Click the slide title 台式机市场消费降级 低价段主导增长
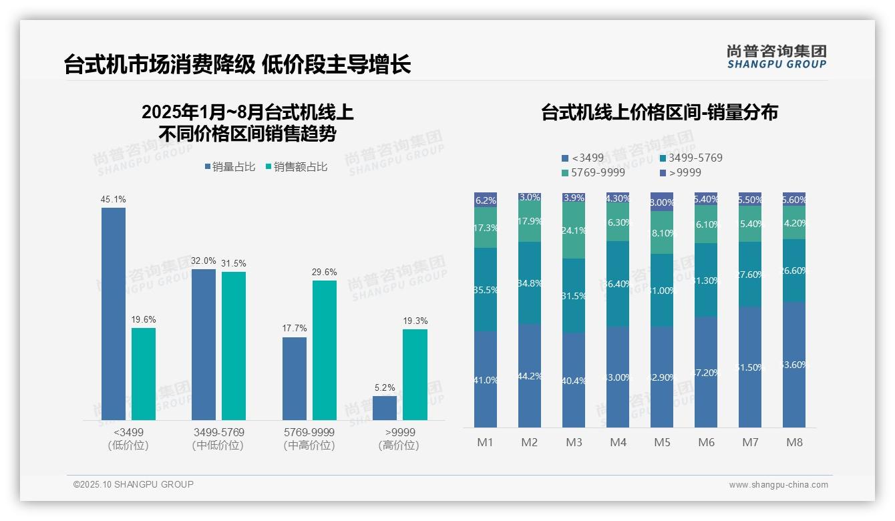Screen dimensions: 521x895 (x=237, y=65)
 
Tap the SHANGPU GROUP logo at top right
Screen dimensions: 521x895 (x=776, y=57)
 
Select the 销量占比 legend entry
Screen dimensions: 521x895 (x=230, y=167)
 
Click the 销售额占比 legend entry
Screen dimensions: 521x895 (x=297, y=167)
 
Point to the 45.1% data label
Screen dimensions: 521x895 (x=113, y=199)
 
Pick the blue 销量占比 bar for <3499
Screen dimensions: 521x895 (x=114, y=314)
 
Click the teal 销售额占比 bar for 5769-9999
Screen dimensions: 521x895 (x=325, y=350)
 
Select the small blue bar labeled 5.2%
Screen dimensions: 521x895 (x=385, y=408)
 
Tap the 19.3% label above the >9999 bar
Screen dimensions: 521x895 (x=415, y=321)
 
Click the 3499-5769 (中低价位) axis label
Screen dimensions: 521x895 (x=218, y=439)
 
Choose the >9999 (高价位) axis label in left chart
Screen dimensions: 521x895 (x=399, y=439)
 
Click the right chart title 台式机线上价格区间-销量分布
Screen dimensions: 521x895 (x=659, y=112)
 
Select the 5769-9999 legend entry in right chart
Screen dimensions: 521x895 (x=594, y=172)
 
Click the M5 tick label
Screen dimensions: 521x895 (x=662, y=442)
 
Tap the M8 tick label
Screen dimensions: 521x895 (x=794, y=442)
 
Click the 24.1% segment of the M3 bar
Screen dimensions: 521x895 (x=574, y=230)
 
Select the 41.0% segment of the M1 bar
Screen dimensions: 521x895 (x=486, y=379)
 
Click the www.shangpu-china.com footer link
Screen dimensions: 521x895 (x=778, y=485)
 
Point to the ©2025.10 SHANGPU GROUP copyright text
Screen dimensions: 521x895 (x=134, y=484)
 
